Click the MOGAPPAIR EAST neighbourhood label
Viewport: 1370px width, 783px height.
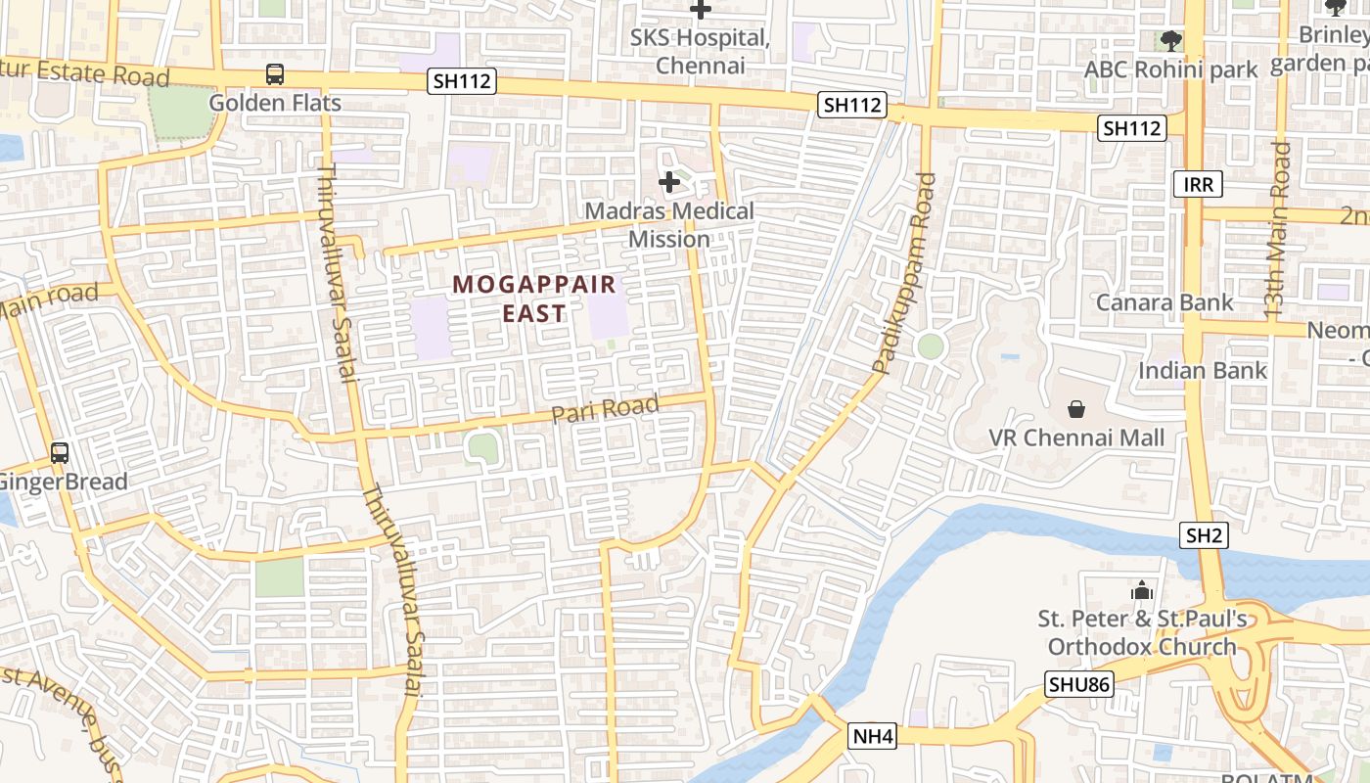tap(534, 299)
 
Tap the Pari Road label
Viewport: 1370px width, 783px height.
tap(605, 409)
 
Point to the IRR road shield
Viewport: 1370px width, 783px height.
tap(1198, 184)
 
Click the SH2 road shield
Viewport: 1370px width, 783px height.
tap(1205, 535)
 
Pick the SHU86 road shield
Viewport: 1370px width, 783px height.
tap(1079, 684)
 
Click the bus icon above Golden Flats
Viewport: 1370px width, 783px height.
tap(275, 74)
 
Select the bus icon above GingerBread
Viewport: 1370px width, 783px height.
tap(60, 453)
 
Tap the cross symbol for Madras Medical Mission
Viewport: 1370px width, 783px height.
tap(669, 182)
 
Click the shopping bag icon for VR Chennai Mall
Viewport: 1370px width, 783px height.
tap(1075, 408)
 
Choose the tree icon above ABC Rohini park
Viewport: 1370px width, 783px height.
tap(1170, 41)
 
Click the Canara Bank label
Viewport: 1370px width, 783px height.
tap(1164, 302)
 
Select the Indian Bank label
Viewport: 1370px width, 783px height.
tap(1202, 371)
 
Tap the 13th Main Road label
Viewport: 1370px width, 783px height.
tap(1278, 231)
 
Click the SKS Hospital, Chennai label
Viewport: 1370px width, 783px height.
tap(700, 52)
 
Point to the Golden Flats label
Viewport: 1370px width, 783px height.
tap(275, 103)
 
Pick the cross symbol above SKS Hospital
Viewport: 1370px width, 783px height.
tap(701, 11)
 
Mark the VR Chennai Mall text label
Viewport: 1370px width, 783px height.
tap(1076, 438)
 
